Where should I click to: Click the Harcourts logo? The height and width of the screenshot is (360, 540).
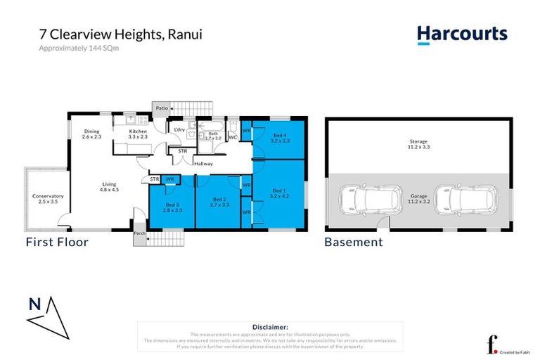pyautogui.click(x=461, y=34)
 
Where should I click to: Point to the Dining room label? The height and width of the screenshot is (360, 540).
pyautogui.click(x=91, y=134)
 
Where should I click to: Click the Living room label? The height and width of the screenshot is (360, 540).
pyautogui.click(x=109, y=186)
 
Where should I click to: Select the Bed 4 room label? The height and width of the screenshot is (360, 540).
pyautogui.click(x=279, y=138)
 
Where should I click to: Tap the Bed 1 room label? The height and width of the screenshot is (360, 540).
pyautogui.click(x=279, y=193)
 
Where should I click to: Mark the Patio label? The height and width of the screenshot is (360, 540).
pyautogui.click(x=162, y=108)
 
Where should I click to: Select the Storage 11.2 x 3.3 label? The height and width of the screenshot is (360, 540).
pyautogui.click(x=419, y=145)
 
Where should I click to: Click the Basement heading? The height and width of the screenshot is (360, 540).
pyautogui.click(x=353, y=243)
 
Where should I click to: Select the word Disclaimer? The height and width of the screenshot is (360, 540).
pyautogui.click(x=270, y=327)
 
